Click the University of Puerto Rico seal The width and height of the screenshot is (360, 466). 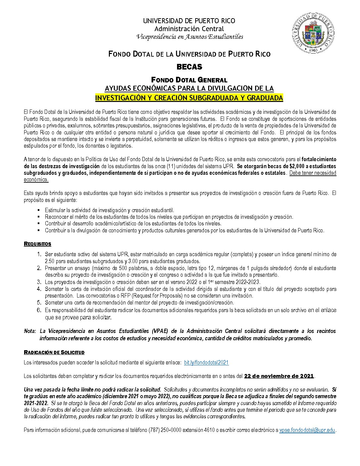pyautogui.click(x=313, y=33)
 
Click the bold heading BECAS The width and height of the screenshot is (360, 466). pyautogui.click(x=189, y=67)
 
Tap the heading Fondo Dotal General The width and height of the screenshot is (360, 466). pyautogui.click(x=189, y=80)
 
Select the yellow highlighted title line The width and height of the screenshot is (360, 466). pyautogui.click(x=189, y=98)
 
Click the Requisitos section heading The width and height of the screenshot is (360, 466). pyautogui.click(x=37, y=244)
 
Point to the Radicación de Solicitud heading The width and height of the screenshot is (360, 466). pyautogui.click(x=54, y=352)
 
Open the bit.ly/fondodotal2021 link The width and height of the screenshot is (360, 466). pyautogui.click(x=206, y=362)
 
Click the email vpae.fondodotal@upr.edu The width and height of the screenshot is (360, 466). pyautogui.click(x=307, y=430)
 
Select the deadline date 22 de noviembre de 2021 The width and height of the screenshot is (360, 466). pyautogui.click(x=279, y=376)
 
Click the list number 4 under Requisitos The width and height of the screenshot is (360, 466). pyautogui.click(x=39, y=289)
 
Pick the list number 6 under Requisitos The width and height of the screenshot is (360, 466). pyautogui.click(x=39, y=310)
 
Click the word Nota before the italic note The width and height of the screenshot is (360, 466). pyautogui.click(x=30, y=331)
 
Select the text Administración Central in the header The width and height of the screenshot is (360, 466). pyautogui.click(x=189, y=29)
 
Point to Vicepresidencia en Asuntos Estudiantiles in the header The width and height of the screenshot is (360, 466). pyautogui.click(x=190, y=37)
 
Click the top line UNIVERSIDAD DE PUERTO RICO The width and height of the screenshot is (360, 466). pyautogui.click(x=189, y=21)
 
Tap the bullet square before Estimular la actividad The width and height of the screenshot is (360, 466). pyautogui.click(x=38, y=210)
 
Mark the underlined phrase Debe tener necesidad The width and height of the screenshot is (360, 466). pyautogui.click(x=313, y=173)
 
